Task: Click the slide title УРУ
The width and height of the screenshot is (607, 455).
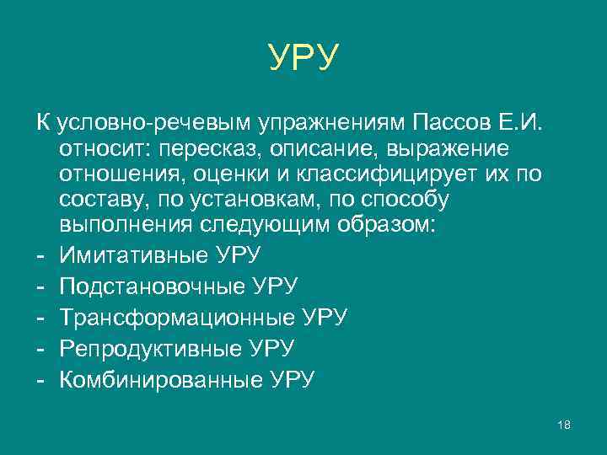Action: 304,57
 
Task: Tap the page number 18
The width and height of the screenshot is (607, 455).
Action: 565,425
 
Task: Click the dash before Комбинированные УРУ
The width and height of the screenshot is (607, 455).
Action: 40,379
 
